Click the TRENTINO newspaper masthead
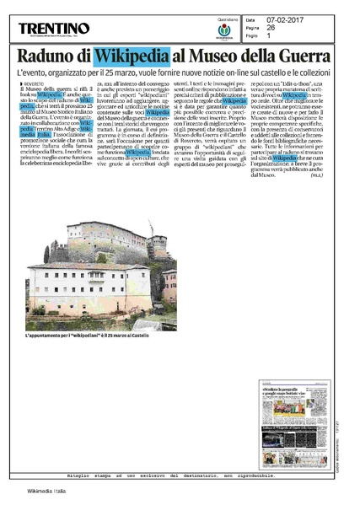(x=54, y=29)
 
